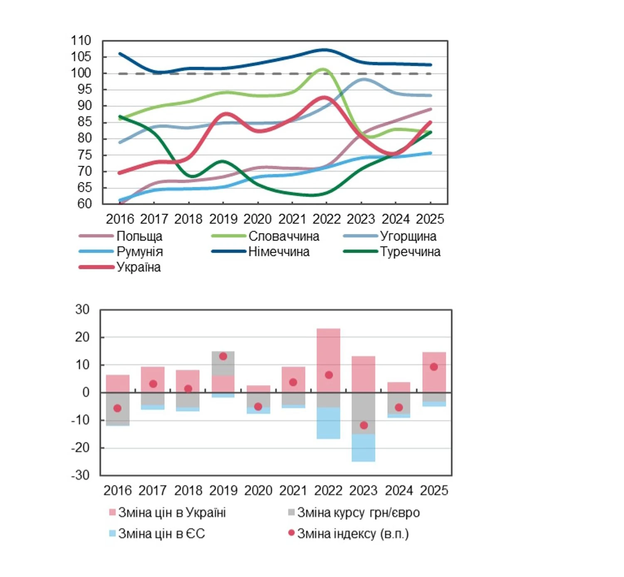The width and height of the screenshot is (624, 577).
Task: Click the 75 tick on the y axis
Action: pos(84,155)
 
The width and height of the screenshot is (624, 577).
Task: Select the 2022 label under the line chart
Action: pos(327,219)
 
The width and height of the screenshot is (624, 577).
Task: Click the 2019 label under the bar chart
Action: pos(223,490)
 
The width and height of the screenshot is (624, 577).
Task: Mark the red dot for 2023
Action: pos(364,425)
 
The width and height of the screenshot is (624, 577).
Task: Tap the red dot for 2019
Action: pos(223,356)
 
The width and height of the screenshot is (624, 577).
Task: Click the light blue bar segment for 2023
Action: pos(363,448)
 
